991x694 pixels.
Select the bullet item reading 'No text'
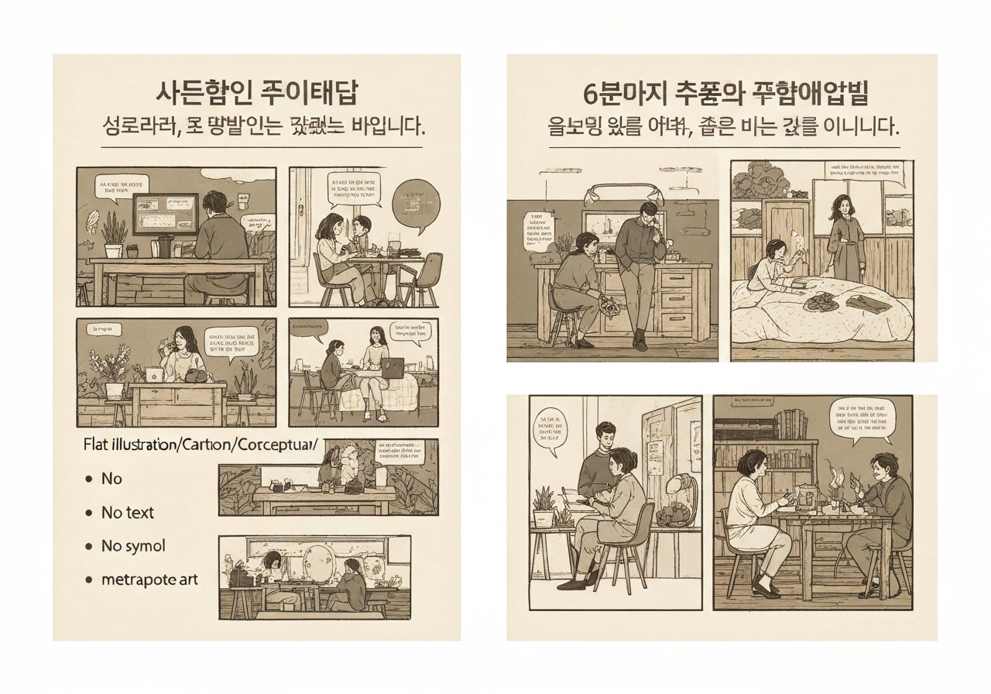point(128,512)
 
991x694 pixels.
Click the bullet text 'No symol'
point(133,546)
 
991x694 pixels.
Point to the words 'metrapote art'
point(149,579)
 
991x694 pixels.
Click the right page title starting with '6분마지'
point(725,93)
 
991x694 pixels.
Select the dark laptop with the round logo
point(393,368)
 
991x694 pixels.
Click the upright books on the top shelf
point(790,423)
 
